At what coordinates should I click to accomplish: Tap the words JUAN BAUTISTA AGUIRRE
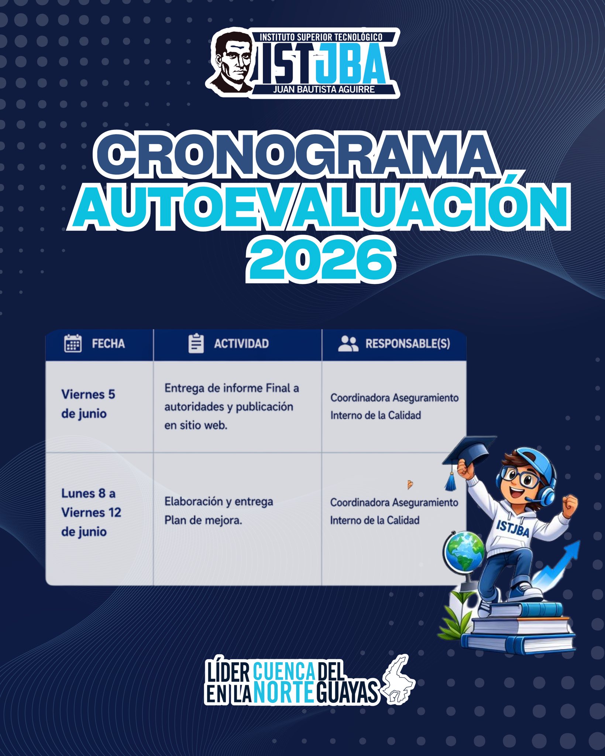[x=324, y=89]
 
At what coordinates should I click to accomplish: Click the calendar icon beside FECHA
[x=73, y=343]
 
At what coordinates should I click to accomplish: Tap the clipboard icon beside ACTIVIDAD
[x=196, y=343]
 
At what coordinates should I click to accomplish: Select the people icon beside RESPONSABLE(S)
[x=348, y=344]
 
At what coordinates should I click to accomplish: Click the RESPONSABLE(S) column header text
[x=408, y=344]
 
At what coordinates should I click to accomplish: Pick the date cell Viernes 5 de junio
[x=89, y=404]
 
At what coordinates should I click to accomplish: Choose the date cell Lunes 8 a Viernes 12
[x=91, y=512]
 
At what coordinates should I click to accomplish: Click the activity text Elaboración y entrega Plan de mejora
[x=219, y=511]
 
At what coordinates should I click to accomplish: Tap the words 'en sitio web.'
[x=196, y=426]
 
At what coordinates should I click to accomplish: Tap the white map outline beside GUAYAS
[x=399, y=680]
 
